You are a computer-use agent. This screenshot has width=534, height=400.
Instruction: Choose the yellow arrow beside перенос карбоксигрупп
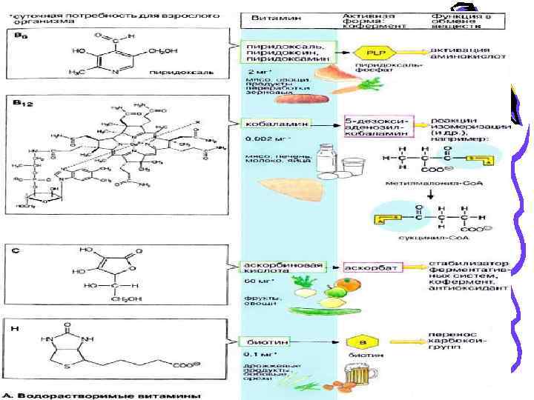click(x=409, y=342)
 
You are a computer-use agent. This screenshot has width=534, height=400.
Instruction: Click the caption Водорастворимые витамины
click(x=108, y=395)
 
